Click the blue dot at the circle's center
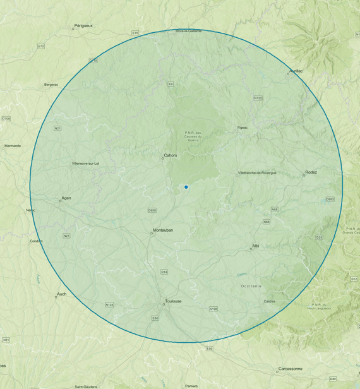click(x=186, y=187)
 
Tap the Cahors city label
click(x=171, y=155)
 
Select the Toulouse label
click(x=173, y=301)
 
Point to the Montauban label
click(x=163, y=230)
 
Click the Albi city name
click(x=256, y=245)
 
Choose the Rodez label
click(x=311, y=172)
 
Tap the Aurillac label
click(x=296, y=71)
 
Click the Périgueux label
click(x=83, y=26)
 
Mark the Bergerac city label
click(x=51, y=84)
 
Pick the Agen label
click(x=66, y=198)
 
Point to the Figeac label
click(x=243, y=128)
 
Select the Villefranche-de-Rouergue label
click(x=257, y=172)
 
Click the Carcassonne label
click(x=290, y=369)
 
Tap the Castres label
click(x=270, y=301)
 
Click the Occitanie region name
click(x=251, y=286)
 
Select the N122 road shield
click(x=258, y=98)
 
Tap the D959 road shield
click(x=152, y=210)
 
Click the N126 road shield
click(x=213, y=309)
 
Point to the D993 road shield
click(x=330, y=200)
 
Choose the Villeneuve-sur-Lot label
click(x=86, y=164)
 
